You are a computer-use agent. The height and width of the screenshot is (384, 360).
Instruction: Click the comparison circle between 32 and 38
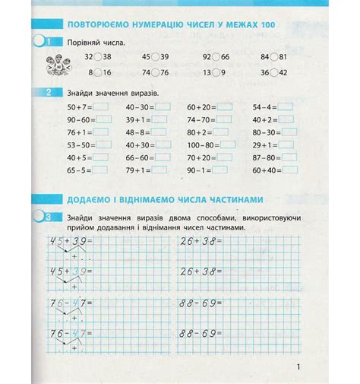[98, 58]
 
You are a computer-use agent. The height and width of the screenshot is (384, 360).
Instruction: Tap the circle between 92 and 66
[215, 58]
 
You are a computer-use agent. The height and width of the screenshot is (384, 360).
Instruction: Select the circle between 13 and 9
[215, 72]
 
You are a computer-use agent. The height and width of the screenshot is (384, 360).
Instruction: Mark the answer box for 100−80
[224, 145]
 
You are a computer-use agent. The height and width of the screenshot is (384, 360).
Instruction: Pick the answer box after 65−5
[101, 170]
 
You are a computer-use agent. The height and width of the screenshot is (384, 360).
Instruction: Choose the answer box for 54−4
[286, 108]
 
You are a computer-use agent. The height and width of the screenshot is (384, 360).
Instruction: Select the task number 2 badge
[49, 93]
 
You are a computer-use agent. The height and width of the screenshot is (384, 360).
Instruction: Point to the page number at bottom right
[300, 370]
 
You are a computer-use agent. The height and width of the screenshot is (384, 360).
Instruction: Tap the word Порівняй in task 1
[84, 43]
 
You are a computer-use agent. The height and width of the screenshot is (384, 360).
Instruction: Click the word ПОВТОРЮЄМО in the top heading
[97, 26]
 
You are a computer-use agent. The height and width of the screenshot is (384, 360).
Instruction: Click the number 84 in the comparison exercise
[265, 58]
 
